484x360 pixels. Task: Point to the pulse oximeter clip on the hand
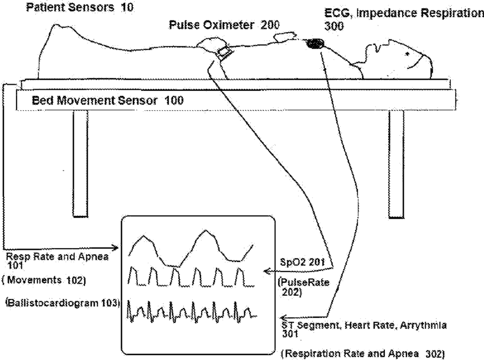tap(224, 53)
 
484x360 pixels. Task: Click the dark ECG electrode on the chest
tap(316, 43)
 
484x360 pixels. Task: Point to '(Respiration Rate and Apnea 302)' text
tap(363, 353)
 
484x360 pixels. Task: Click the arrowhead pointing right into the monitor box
tap(115, 248)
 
